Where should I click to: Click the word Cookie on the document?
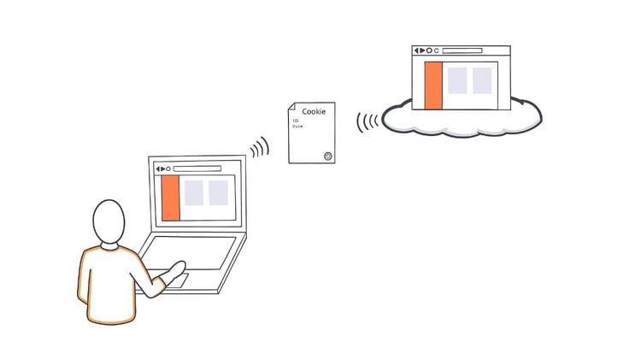coord(314,111)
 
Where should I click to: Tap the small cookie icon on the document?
coord(327,156)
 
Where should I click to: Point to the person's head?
coord(109,222)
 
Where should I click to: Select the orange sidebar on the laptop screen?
coord(170,198)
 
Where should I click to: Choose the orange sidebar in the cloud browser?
coord(433,86)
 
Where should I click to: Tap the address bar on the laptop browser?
coord(197,168)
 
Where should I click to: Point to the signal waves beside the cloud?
coord(368,121)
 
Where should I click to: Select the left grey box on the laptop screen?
coord(194,193)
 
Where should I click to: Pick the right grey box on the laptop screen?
coord(219,193)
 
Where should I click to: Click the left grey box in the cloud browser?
coord(457,80)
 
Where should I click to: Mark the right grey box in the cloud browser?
coord(482,80)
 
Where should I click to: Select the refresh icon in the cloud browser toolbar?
coord(437,51)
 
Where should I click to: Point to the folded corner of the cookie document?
coord(291,107)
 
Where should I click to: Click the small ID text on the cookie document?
coord(296,121)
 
